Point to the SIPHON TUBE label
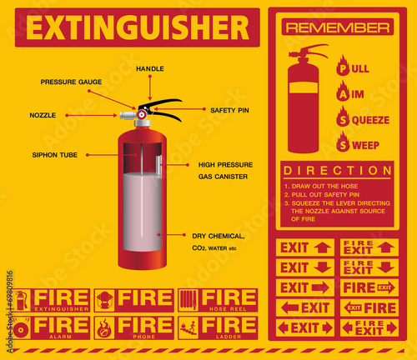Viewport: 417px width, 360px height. [56, 154]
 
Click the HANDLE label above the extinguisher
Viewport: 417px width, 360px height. [149, 68]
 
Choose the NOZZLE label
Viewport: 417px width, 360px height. [43, 114]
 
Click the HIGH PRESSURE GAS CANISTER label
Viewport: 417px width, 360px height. [223, 171]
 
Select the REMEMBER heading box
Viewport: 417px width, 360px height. [338, 27]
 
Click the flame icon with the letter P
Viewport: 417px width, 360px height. [342, 66]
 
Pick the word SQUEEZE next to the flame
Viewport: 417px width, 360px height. [369, 120]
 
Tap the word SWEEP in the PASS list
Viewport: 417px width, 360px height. [364, 145]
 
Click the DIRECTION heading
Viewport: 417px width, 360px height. [337, 170]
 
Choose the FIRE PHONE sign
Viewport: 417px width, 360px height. [134, 326]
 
